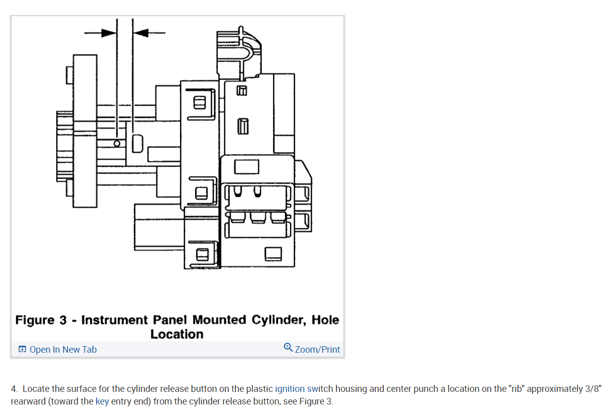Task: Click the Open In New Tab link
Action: click(x=63, y=350)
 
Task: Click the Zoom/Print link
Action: click(x=317, y=350)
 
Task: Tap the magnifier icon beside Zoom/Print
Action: click(x=288, y=348)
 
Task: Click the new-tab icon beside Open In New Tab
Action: click(x=22, y=350)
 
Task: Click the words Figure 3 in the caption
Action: click(x=41, y=320)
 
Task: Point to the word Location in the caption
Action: click(x=177, y=334)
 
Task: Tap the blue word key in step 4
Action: click(x=102, y=402)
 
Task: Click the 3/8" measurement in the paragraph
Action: click(x=592, y=389)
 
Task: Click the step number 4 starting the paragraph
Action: click(x=14, y=389)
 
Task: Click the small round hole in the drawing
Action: click(x=117, y=143)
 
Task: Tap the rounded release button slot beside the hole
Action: click(x=137, y=143)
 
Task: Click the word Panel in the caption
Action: click(x=170, y=320)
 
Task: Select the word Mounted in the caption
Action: click(x=220, y=320)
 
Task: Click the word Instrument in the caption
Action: click(x=115, y=320)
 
